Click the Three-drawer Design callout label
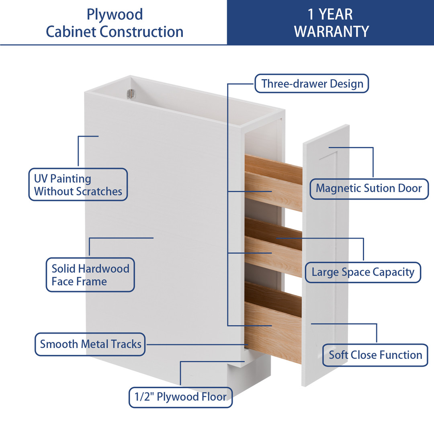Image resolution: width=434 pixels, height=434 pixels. [x=312, y=84]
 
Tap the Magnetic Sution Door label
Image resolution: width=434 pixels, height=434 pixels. [x=369, y=188]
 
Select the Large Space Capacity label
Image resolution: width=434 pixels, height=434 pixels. [x=362, y=272]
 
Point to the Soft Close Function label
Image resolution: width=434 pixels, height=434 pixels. [x=375, y=355]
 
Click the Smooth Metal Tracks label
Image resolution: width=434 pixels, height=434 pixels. [x=90, y=344]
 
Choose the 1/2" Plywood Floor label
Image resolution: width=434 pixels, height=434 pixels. [x=181, y=397]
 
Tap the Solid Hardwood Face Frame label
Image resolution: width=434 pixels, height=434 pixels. [x=90, y=275]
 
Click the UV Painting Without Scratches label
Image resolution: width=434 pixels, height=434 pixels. [x=78, y=185]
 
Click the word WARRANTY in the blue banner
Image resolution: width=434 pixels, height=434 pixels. [x=332, y=31]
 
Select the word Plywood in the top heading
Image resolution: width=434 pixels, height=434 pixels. [x=115, y=14]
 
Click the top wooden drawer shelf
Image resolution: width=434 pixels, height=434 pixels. [x=273, y=183]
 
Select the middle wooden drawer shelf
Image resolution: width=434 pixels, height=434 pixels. [x=273, y=247]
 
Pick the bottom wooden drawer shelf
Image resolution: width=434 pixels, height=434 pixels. [x=273, y=321]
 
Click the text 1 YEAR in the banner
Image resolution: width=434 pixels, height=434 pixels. [x=330, y=14]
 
